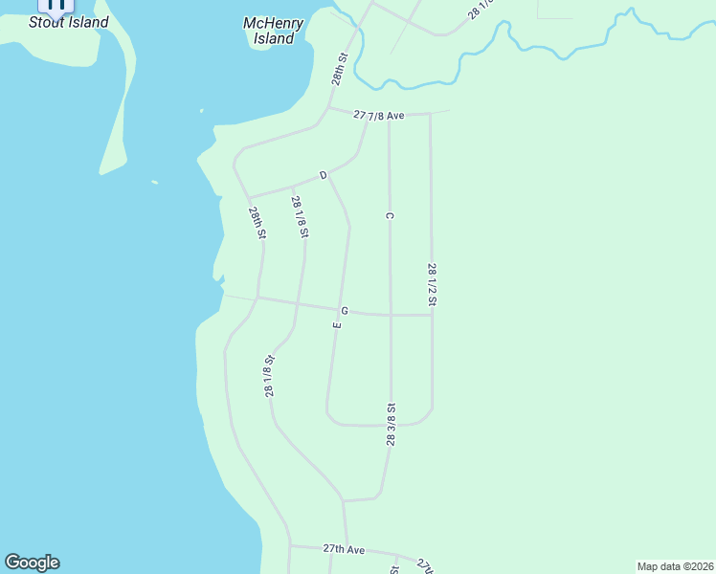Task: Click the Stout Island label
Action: [x=68, y=22]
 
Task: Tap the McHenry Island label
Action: [x=274, y=32]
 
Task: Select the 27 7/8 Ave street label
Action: [x=379, y=115]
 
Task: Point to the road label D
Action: [x=324, y=175]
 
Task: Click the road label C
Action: [x=390, y=216]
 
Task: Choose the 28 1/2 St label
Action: [x=432, y=284]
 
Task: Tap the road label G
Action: [x=344, y=311]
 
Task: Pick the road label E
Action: [x=337, y=325]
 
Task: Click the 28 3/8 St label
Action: [x=391, y=425]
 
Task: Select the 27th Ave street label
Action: [x=344, y=549]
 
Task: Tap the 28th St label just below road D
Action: [x=257, y=223]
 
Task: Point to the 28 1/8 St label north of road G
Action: [x=300, y=216]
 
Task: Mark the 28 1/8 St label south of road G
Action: [x=270, y=376]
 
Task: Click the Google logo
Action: [x=32, y=563]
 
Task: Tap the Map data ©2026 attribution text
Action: [x=675, y=566]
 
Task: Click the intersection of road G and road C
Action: [x=391, y=315]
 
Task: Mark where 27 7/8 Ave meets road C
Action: [x=389, y=114]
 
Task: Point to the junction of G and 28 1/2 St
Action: [x=432, y=315]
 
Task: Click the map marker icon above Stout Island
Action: [x=56, y=3]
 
